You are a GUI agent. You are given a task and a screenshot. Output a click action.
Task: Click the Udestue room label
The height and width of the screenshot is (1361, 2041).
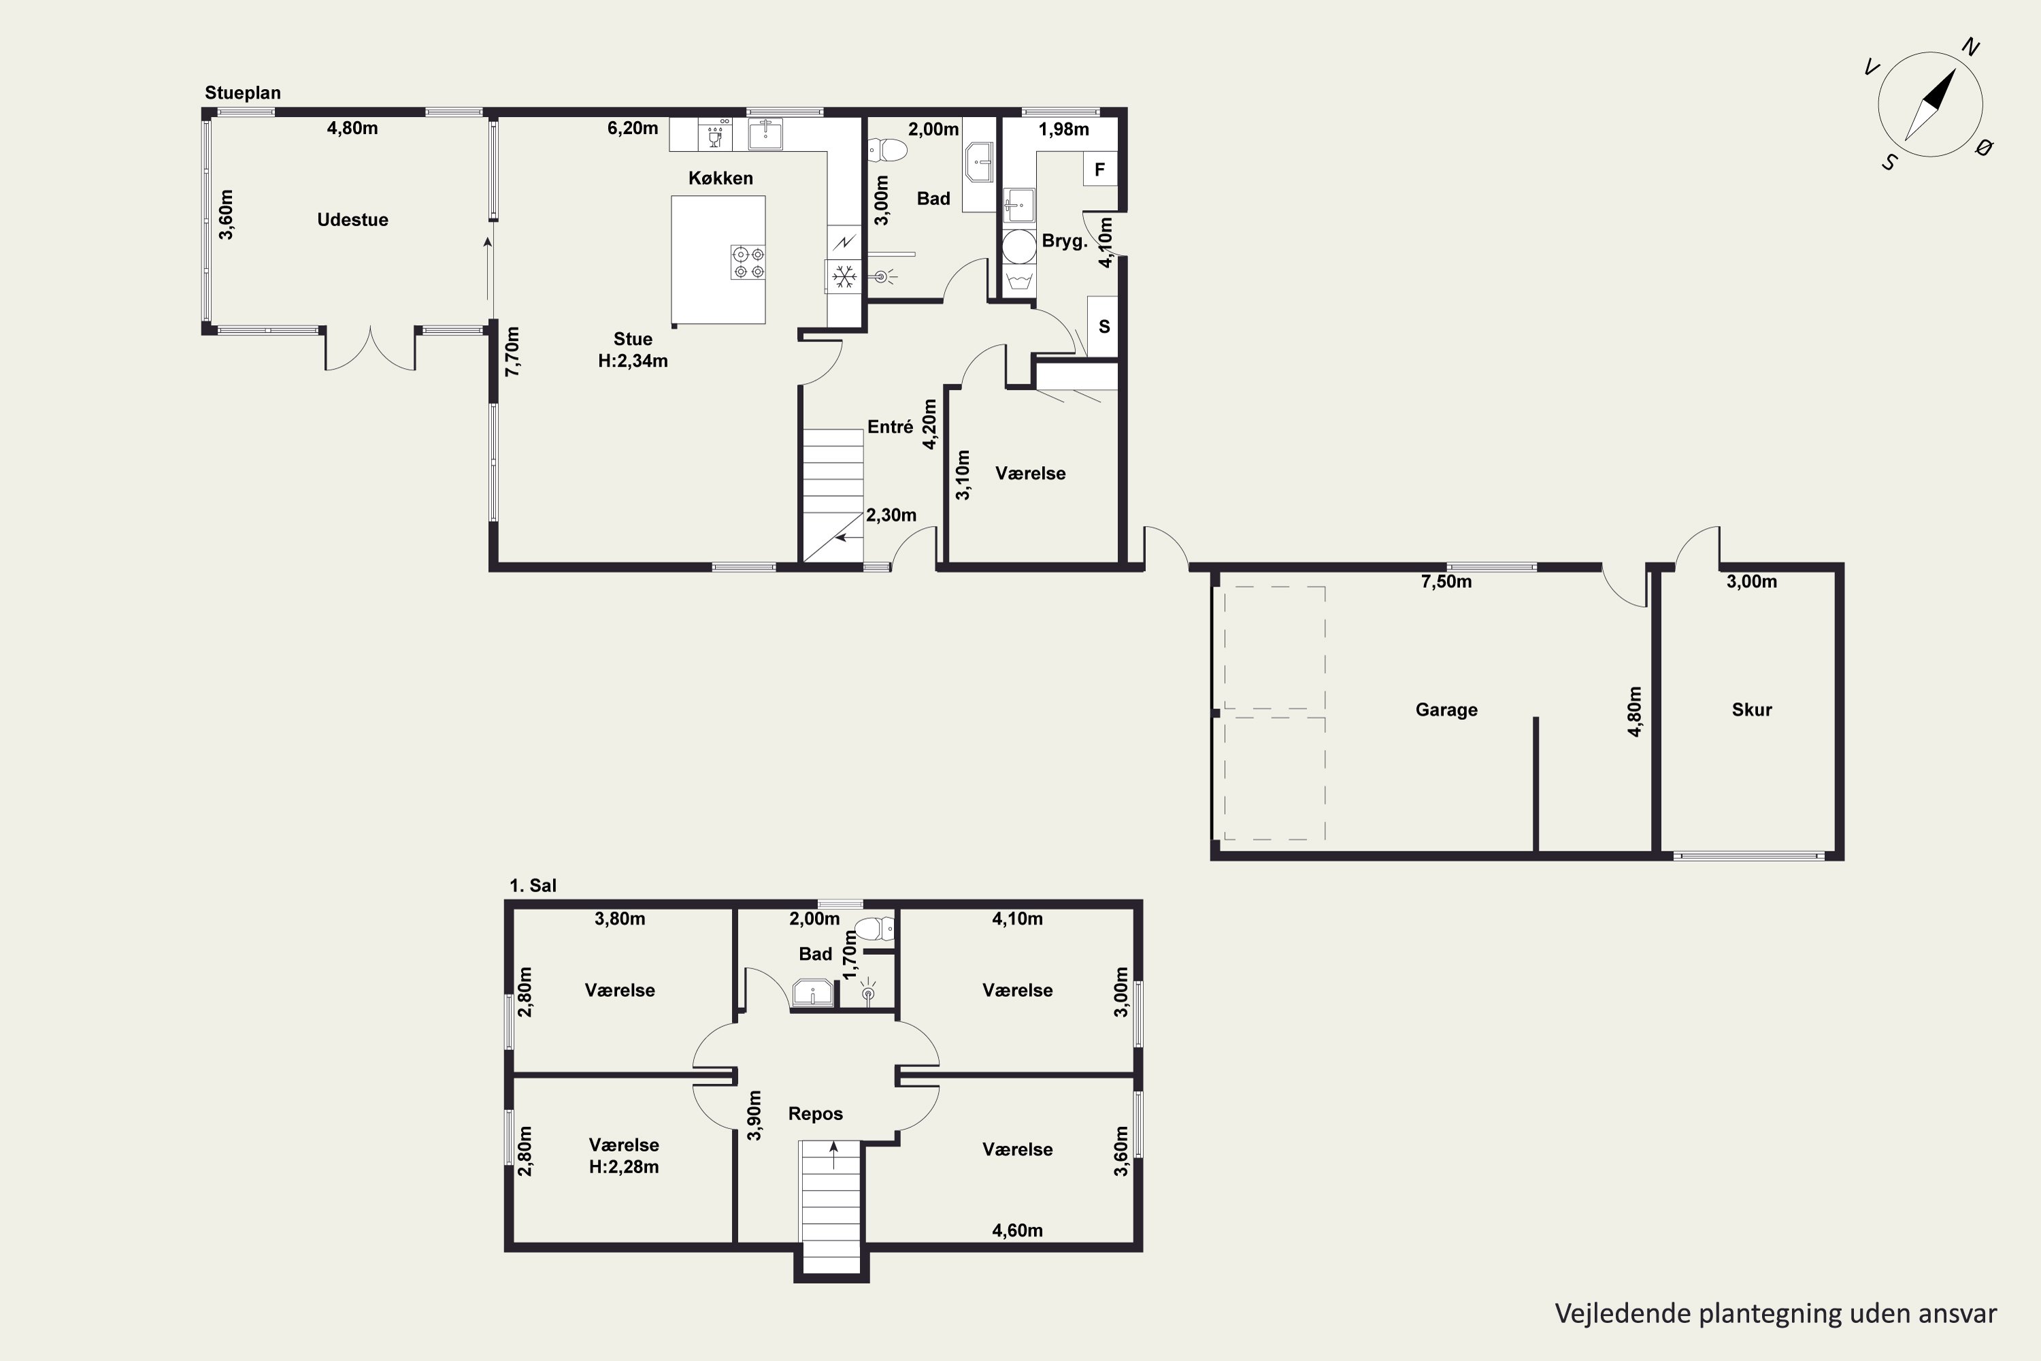pos(352,220)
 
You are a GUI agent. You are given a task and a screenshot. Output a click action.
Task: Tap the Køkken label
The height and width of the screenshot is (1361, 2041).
pos(720,178)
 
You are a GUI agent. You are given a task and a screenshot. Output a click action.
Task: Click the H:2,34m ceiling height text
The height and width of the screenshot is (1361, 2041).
pos(633,361)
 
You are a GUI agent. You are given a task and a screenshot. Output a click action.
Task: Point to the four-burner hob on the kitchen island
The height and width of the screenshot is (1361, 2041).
pos(748,262)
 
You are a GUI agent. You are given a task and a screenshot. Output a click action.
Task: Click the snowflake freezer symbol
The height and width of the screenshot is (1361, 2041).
pos(844,277)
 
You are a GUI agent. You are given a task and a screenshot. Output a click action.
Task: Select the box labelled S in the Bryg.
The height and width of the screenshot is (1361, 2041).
pos(1103,327)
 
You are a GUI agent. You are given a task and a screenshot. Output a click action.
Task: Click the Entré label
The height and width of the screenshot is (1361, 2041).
pos(891,427)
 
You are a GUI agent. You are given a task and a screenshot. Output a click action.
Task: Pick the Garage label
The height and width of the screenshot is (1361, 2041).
pos(1446,710)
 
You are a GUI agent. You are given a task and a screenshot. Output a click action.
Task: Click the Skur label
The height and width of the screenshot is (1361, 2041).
pos(1751,710)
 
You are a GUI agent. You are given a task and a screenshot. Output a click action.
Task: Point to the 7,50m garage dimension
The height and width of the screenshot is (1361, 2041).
pos(1446,582)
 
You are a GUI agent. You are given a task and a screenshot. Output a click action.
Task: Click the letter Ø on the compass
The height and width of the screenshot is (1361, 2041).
pos(1983,148)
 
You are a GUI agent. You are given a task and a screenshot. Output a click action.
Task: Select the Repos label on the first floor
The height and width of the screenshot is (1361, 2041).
pos(815,1113)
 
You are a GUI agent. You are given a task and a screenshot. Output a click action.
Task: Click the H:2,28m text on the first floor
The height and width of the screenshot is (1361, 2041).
pos(624,1168)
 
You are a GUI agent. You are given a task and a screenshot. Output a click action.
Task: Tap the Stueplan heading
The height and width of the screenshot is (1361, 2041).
pos(243,93)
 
